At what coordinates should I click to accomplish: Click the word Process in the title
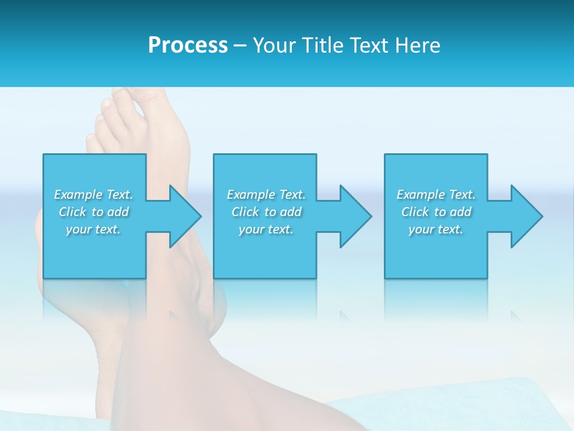click(188, 45)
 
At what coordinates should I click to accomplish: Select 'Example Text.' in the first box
click(93, 195)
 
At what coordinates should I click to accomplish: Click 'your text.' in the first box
click(93, 229)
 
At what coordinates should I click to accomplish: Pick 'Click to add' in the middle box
click(266, 212)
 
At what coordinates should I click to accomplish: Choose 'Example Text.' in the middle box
click(266, 195)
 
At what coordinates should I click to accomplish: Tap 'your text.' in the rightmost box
click(436, 229)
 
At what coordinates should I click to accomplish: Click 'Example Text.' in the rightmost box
click(436, 195)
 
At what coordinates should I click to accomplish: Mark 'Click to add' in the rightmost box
click(436, 212)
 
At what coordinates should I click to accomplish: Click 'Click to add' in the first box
click(93, 212)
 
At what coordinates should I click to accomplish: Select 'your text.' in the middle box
click(266, 229)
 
